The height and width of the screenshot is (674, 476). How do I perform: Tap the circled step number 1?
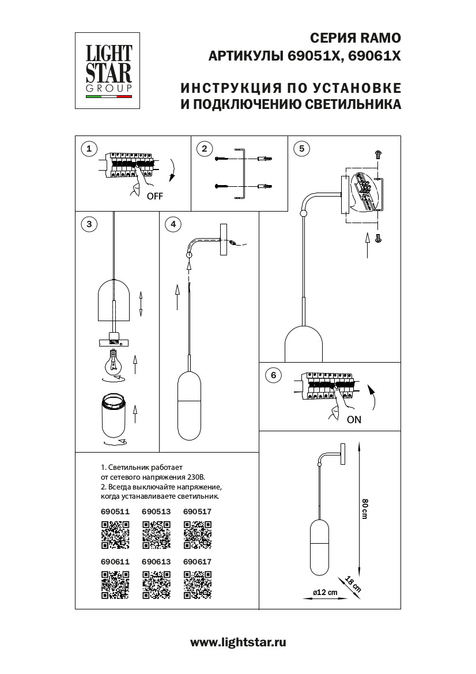point(88,149)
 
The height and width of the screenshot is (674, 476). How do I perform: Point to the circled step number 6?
point(273,375)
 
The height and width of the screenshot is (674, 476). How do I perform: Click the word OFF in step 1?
point(155,196)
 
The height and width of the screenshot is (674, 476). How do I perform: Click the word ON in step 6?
point(354,420)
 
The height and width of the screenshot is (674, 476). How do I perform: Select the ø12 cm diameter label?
point(324,593)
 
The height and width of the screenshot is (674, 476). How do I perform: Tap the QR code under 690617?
point(197,584)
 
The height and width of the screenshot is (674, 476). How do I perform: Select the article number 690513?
point(156,511)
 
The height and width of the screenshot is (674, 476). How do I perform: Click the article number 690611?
point(115,561)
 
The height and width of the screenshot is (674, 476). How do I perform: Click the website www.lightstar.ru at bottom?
point(238,642)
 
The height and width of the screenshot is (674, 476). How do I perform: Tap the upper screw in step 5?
point(379,153)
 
